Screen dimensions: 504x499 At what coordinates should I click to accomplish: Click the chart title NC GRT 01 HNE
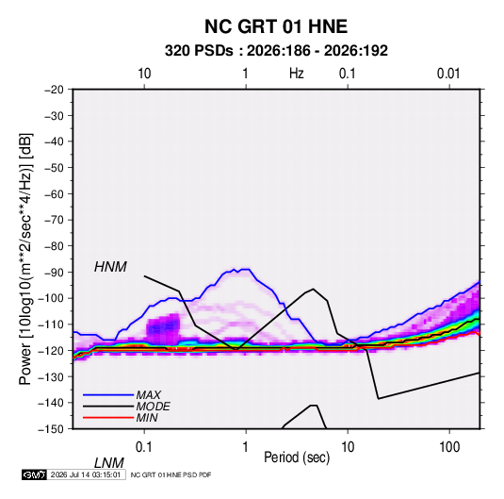pos(276,26)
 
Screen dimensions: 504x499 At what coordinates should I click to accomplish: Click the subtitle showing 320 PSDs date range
pos(276,51)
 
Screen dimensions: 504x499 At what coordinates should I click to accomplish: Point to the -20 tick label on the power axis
pos(54,90)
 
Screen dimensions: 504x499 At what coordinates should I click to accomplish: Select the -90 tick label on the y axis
pos(54,272)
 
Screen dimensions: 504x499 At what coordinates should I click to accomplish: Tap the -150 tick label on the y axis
pos(51,429)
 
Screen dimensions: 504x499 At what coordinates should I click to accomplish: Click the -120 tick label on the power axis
pos(51,350)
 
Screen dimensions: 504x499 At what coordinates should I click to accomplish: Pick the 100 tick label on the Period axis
pos(449,447)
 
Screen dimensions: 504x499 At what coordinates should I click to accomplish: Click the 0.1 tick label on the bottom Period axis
pos(144,447)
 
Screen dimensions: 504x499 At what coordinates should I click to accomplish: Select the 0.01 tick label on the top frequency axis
pos(448,74)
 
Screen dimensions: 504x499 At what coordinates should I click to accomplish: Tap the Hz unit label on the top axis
pos(297,74)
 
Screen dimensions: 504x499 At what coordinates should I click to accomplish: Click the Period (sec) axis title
pos(297,457)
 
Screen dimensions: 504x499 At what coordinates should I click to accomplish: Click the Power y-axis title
pos(25,259)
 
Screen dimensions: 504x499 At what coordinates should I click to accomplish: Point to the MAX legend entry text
pos(148,395)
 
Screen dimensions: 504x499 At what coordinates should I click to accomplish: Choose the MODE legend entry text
pos(153,407)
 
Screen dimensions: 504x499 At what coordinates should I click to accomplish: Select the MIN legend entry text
pos(147,418)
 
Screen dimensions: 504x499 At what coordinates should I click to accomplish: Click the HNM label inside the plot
pos(110,267)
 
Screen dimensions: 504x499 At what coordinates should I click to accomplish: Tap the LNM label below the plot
pos(108,463)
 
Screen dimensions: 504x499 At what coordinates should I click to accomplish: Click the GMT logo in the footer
pos(35,474)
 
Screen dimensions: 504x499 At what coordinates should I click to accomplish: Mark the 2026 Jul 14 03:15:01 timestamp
pos(86,474)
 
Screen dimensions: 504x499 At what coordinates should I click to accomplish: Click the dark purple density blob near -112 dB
pos(163,328)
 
